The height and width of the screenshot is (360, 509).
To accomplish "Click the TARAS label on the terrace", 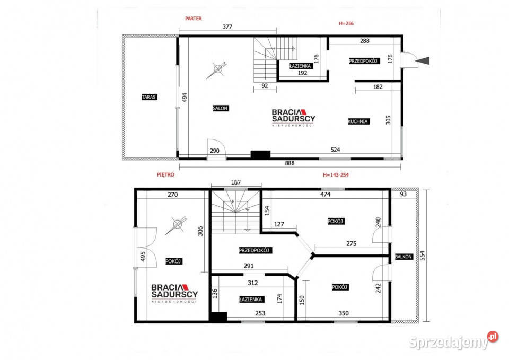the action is click(x=150, y=96).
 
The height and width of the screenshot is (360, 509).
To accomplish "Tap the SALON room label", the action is click(x=221, y=108).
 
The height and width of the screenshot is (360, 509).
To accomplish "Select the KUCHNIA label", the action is click(x=358, y=121).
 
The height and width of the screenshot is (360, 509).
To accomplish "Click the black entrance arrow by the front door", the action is click(x=423, y=60).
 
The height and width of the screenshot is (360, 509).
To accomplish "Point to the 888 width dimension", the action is click(x=289, y=163).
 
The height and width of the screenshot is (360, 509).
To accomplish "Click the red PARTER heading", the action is click(x=194, y=19).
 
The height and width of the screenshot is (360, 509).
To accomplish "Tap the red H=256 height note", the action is click(x=346, y=23).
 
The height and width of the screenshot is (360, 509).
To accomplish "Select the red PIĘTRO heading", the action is click(x=165, y=174).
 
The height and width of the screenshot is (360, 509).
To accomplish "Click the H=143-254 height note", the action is click(x=336, y=175).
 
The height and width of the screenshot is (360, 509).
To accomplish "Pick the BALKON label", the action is click(x=403, y=257).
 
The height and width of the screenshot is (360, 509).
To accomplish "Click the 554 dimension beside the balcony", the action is click(x=422, y=256).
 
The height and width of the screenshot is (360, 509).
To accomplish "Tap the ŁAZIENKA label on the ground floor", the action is click(x=300, y=66).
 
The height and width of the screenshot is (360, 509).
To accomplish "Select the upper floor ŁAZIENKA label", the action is click(x=251, y=300).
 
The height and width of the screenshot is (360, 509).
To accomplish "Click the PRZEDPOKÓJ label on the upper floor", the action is click(x=255, y=250).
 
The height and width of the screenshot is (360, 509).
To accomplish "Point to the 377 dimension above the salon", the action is click(x=227, y=27).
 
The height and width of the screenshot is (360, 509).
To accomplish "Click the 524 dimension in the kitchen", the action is click(x=335, y=150).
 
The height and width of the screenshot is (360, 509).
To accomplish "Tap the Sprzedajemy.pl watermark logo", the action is click(x=453, y=341).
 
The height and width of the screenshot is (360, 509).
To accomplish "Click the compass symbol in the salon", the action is click(x=217, y=69).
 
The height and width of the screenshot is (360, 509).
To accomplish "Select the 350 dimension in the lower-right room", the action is click(x=344, y=313).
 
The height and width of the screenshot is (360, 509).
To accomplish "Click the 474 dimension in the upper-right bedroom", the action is click(x=325, y=195).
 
